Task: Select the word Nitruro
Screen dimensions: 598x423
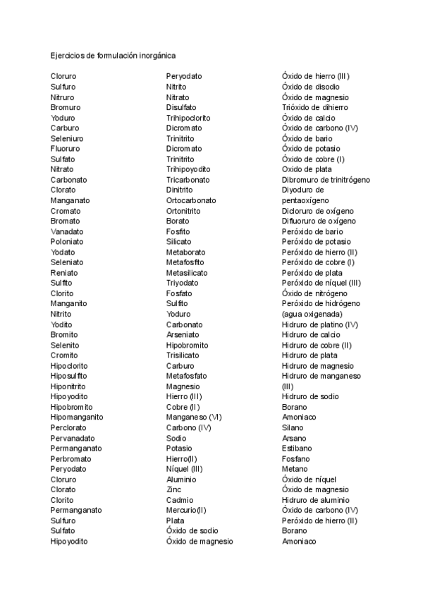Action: [x=62, y=97]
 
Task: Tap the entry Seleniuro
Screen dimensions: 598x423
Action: [x=66, y=138]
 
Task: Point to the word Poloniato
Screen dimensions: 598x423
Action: [x=66, y=242]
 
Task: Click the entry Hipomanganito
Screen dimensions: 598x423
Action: [x=77, y=417]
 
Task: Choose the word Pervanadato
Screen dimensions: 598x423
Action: [x=72, y=438]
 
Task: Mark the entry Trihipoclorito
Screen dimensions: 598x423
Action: [x=188, y=118]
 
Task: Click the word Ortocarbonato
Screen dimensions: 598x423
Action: [x=191, y=200]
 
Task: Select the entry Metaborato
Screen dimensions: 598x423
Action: [x=185, y=252]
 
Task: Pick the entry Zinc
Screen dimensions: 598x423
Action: [x=173, y=489]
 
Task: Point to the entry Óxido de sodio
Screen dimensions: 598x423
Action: [x=192, y=531]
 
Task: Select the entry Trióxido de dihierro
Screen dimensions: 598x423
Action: [x=314, y=107]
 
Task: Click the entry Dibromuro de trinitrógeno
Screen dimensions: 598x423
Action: [x=325, y=180]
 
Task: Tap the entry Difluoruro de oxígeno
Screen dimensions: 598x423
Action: [x=319, y=221]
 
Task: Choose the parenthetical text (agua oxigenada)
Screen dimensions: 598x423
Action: [x=312, y=314]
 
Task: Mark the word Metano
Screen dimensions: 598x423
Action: [x=294, y=469]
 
